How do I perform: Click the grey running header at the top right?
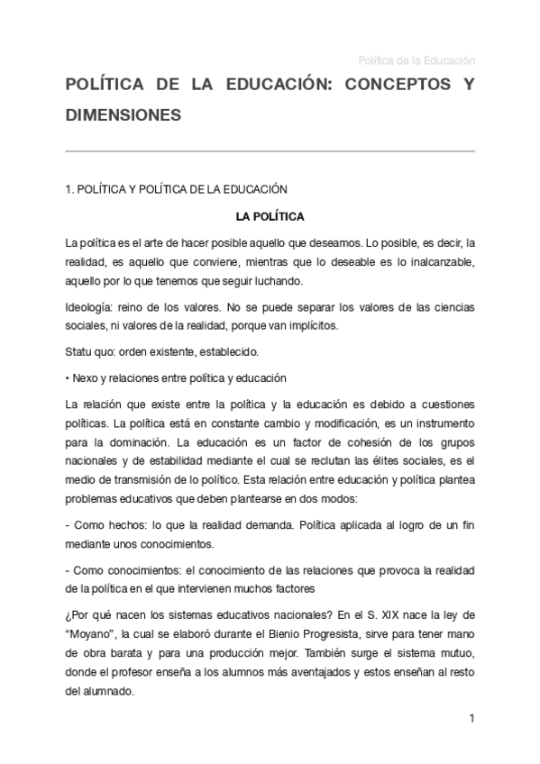pyautogui.click(x=416, y=60)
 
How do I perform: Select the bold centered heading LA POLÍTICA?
pyautogui.click(x=270, y=216)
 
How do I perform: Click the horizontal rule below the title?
pyautogui.click(x=270, y=150)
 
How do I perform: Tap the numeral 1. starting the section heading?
pyautogui.click(x=59, y=189)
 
